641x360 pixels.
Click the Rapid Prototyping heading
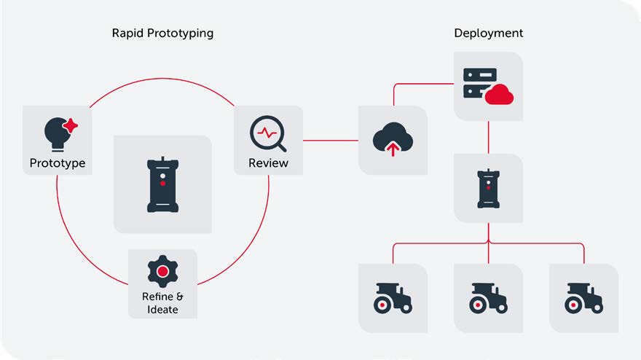click(x=162, y=34)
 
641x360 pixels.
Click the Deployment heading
click(x=488, y=34)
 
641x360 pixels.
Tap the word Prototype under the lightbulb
click(x=57, y=163)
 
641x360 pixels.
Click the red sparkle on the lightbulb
click(x=70, y=126)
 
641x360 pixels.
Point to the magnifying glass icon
click(x=267, y=133)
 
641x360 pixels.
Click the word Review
click(x=268, y=163)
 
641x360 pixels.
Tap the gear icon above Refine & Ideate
click(x=162, y=272)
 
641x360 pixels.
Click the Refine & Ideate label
click(x=162, y=302)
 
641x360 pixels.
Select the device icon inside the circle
click(x=162, y=184)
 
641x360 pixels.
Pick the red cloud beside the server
click(x=500, y=94)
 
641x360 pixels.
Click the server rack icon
click(x=480, y=84)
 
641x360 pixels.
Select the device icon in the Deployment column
click(x=488, y=187)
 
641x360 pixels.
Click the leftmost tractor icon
click(x=392, y=298)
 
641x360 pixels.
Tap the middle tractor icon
click(x=488, y=298)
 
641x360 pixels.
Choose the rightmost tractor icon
click(x=583, y=298)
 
